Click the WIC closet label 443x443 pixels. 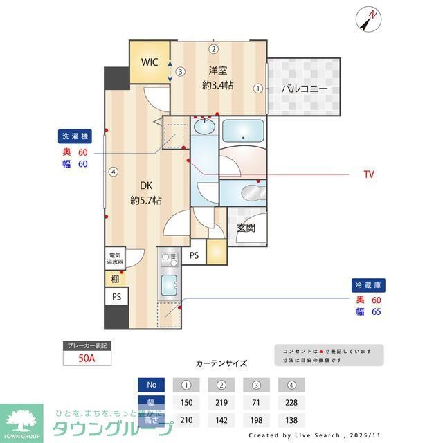tap(150, 62)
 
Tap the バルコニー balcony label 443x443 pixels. tap(304, 89)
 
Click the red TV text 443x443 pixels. tap(368, 174)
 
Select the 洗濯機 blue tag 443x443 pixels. tap(74, 136)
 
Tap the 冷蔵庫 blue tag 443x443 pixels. tap(368, 284)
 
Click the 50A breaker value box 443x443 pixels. tap(87, 358)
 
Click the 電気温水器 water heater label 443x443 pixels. tap(114, 259)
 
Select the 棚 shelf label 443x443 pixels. tap(114, 279)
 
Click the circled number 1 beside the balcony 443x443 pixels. tap(258, 89)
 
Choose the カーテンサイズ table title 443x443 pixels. tap(221, 363)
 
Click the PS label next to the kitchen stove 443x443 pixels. tap(195, 255)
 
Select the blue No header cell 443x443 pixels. tap(152, 385)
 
